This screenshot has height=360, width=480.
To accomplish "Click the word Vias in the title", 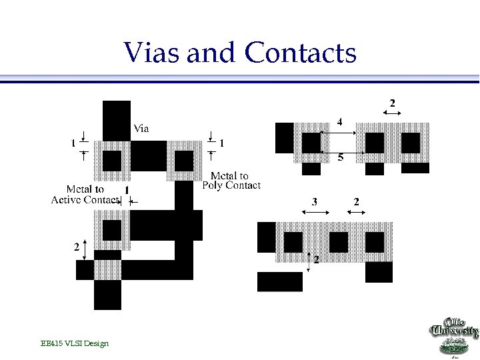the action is [151, 53].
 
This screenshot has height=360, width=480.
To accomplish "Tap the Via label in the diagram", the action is [141, 128].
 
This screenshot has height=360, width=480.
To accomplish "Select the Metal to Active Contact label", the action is [85, 195].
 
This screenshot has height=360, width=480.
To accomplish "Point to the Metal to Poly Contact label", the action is [231, 181].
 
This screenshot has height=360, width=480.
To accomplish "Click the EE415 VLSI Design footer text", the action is [74, 343].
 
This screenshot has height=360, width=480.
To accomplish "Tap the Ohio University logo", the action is [453, 336].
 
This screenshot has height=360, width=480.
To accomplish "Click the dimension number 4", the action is [339, 123].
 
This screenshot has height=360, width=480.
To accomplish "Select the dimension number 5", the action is [341, 158].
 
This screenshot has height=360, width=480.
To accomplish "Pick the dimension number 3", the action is [315, 201].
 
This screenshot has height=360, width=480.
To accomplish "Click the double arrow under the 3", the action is [316, 212].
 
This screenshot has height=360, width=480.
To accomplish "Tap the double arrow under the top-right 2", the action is [391, 114].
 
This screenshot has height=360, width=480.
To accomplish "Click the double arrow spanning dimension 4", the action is [339, 133].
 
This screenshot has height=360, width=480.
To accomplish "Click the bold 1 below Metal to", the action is [126, 191].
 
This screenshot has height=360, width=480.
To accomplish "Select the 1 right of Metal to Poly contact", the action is [221, 143].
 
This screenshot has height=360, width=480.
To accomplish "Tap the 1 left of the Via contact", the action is [73, 143].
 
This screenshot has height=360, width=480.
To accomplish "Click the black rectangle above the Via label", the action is [117, 120].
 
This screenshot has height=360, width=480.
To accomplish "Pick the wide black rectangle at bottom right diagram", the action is [280, 281].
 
